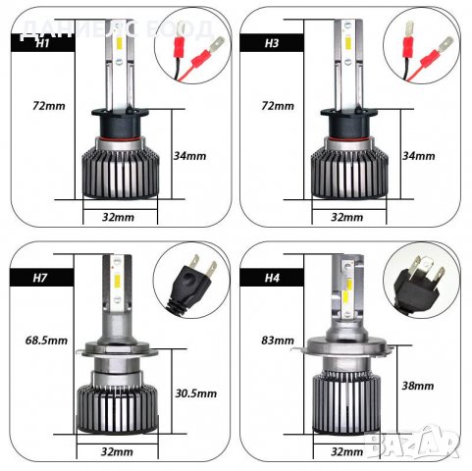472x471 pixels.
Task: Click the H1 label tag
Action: [x=41, y=43]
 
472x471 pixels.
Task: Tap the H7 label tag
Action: [x=41, y=279]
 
